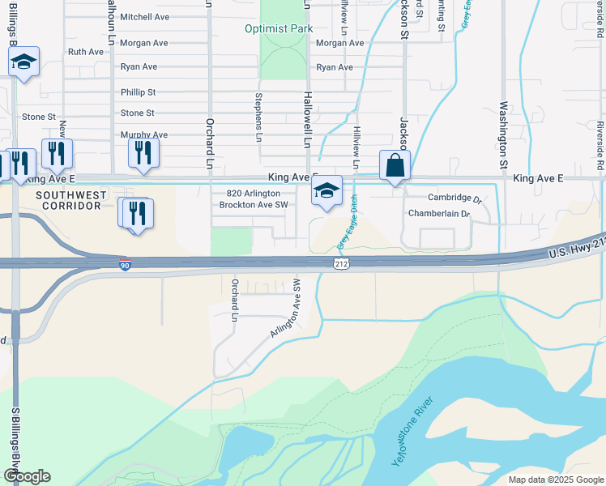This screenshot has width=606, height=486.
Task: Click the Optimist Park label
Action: coord(279,28)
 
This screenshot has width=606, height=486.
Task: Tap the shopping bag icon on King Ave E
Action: coord(395,165)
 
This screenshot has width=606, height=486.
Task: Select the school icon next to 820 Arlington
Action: coord(326,191)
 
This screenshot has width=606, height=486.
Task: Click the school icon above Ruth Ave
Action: coord(23,62)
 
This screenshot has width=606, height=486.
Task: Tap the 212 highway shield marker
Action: coord(341,264)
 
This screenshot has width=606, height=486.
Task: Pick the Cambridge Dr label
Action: coord(454,198)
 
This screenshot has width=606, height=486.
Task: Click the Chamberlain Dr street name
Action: coord(439,214)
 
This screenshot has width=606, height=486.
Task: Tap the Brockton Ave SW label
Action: coord(254,205)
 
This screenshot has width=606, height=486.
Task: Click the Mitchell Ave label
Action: coord(143,17)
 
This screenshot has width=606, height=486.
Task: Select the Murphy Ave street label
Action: coord(143,135)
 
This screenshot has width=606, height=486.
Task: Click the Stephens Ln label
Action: coord(258,112)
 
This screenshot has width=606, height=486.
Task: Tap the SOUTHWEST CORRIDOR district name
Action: coord(70,200)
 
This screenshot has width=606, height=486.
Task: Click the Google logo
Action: coord(27,476)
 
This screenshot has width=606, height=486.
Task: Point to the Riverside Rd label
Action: coord(600,139)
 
